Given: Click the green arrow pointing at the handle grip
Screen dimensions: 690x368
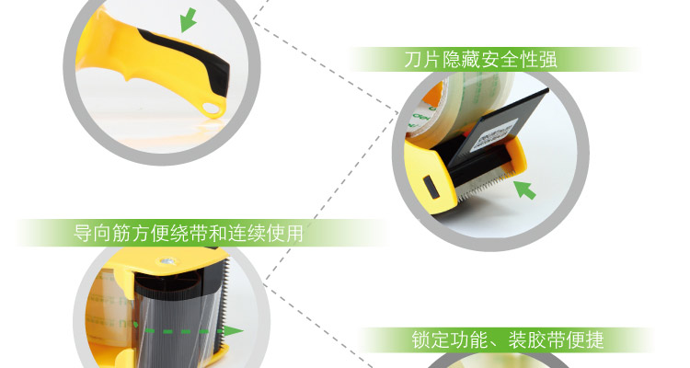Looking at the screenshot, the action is tap(189, 20).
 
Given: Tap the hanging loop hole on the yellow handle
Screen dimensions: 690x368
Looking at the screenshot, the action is tap(212, 108).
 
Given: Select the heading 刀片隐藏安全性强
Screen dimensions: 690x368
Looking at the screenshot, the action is tap(480, 60).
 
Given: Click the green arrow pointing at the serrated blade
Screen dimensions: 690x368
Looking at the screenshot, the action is tap(525, 190).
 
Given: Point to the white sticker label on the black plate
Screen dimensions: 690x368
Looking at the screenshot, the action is tap(493, 133).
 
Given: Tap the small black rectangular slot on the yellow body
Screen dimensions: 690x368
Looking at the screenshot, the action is tap(430, 187).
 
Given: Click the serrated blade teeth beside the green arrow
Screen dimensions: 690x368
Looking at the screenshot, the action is tap(484, 188).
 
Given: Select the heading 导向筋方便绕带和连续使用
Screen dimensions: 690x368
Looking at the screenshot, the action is tap(189, 233).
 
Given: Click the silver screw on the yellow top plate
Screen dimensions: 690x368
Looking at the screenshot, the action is tap(167, 261).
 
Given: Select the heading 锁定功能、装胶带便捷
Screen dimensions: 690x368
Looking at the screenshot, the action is tap(508, 339).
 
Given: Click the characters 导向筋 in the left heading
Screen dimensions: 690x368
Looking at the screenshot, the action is tap(102, 233).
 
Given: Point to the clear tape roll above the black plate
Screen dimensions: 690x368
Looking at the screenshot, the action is tap(466, 101).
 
